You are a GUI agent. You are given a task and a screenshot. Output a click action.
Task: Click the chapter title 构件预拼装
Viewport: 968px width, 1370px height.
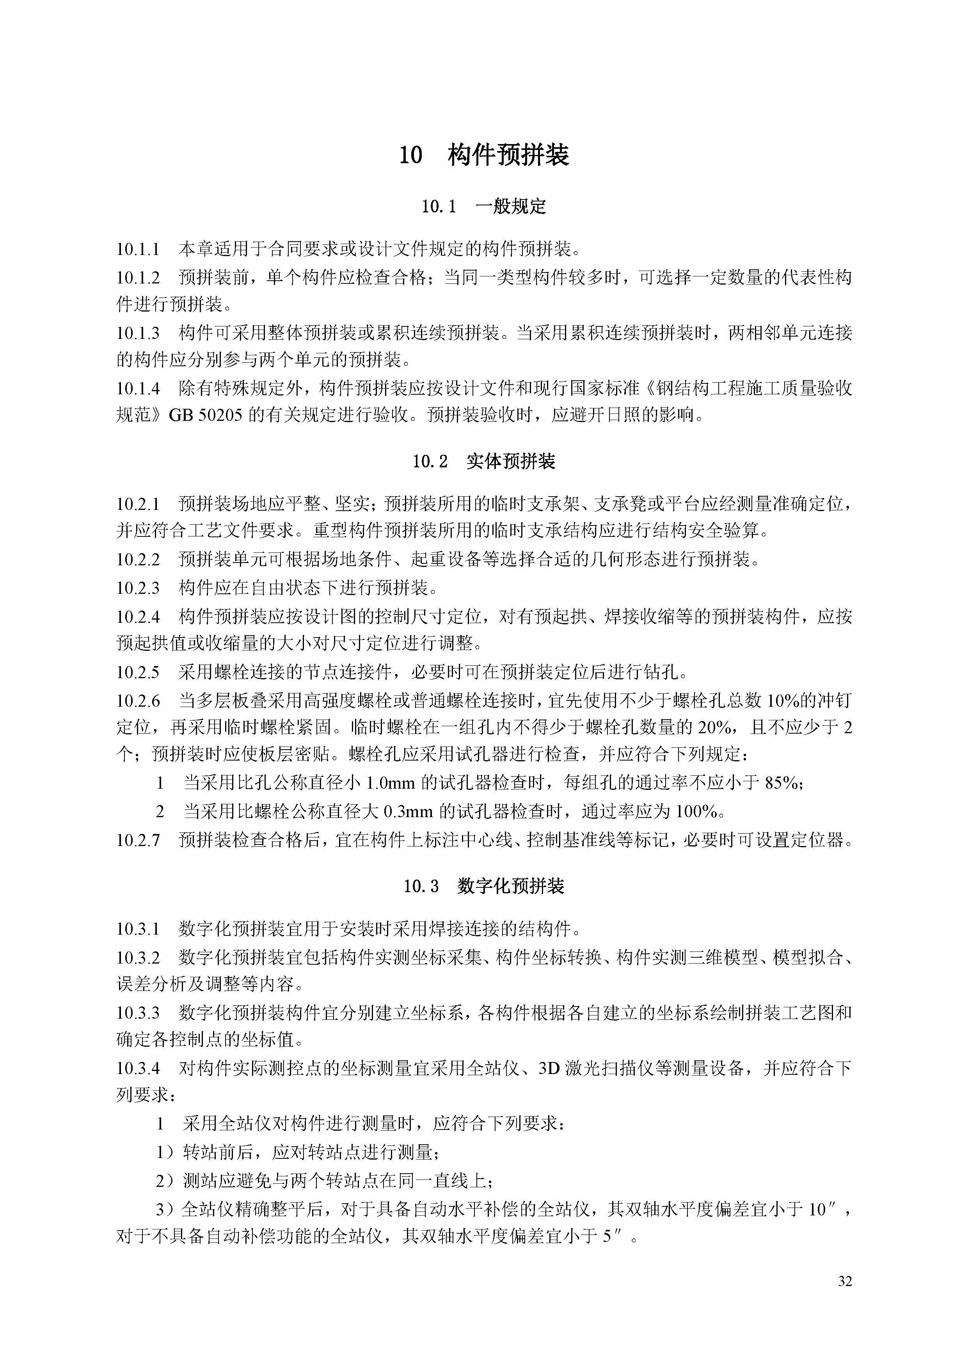point(508,155)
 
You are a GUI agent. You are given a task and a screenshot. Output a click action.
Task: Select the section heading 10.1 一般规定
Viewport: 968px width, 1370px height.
point(484,207)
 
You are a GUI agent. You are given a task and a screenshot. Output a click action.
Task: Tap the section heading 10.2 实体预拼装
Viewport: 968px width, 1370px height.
point(484,461)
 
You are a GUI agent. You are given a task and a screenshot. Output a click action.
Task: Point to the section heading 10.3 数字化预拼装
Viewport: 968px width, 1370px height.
point(484,886)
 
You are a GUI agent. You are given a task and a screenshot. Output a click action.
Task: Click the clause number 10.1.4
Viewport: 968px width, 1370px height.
point(138,388)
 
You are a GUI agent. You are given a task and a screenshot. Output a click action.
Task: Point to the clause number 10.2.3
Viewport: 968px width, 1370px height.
point(138,588)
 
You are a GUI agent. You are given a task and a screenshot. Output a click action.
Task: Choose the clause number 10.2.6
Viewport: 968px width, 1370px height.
point(138,700)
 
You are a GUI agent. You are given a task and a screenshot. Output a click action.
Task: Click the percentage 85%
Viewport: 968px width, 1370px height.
point(783,782)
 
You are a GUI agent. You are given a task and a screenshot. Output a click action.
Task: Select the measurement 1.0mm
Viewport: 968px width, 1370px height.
point(390,782)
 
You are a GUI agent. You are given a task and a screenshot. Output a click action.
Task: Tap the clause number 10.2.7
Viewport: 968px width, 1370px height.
point(138,840)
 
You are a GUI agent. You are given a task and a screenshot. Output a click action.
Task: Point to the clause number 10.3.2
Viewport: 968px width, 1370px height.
point(138,958)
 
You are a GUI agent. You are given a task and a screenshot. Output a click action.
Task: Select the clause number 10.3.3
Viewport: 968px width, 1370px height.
point(138,1013)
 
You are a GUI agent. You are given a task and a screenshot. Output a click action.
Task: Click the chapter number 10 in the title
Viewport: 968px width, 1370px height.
point(410,155)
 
